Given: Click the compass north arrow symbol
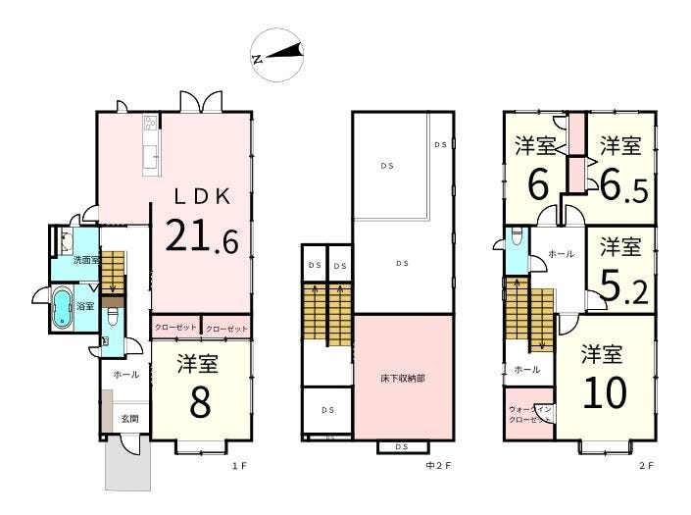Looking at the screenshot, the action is click(x=277, y=55).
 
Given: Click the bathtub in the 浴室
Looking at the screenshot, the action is click(x=62, y=308).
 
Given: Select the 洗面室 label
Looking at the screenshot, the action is click(x=87, y=260).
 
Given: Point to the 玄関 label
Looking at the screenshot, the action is click(x=130, y=418).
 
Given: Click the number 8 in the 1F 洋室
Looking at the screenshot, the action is click(x=200, y=403).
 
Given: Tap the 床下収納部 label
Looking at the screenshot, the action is click(x=403, y=379).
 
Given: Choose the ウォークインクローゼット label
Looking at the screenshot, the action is click(x=529, y=415).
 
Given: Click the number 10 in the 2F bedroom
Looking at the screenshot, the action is click(x=605, y=392).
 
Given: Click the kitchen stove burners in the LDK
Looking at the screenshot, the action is click(x=150, y=122).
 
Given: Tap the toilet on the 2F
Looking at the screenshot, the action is click(x=517, y=235).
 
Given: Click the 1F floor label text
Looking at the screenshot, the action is click(x=239, y=466).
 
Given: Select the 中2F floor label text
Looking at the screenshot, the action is click(x=439, y=466).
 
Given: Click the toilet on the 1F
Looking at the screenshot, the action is click(x=114, y=316).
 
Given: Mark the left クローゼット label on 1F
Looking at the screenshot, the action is click(x=175, y=328).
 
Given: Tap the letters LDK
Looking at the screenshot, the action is click(x=202, y=196).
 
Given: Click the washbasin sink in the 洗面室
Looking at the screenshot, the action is click(x=66, y=240).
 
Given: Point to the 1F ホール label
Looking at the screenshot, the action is click(x=126, y=375).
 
